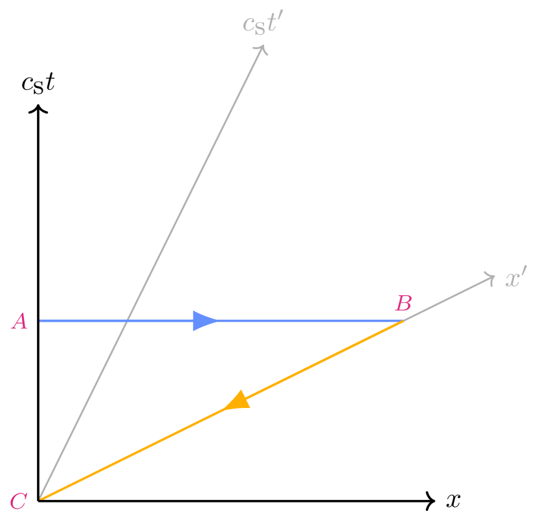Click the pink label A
(x=19, y=322)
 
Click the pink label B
(x=403, y=303)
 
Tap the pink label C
(x=18, y=501)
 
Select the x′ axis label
(x=517, y=279)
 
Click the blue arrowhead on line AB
(x=205, y=321)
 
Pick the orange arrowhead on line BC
(x=237, y=401)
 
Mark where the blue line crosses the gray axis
(x=128, y=321)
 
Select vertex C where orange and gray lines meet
(x=41, y=498)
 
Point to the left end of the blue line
(x=41, y=321)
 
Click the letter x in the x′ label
(x=513, y=280)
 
